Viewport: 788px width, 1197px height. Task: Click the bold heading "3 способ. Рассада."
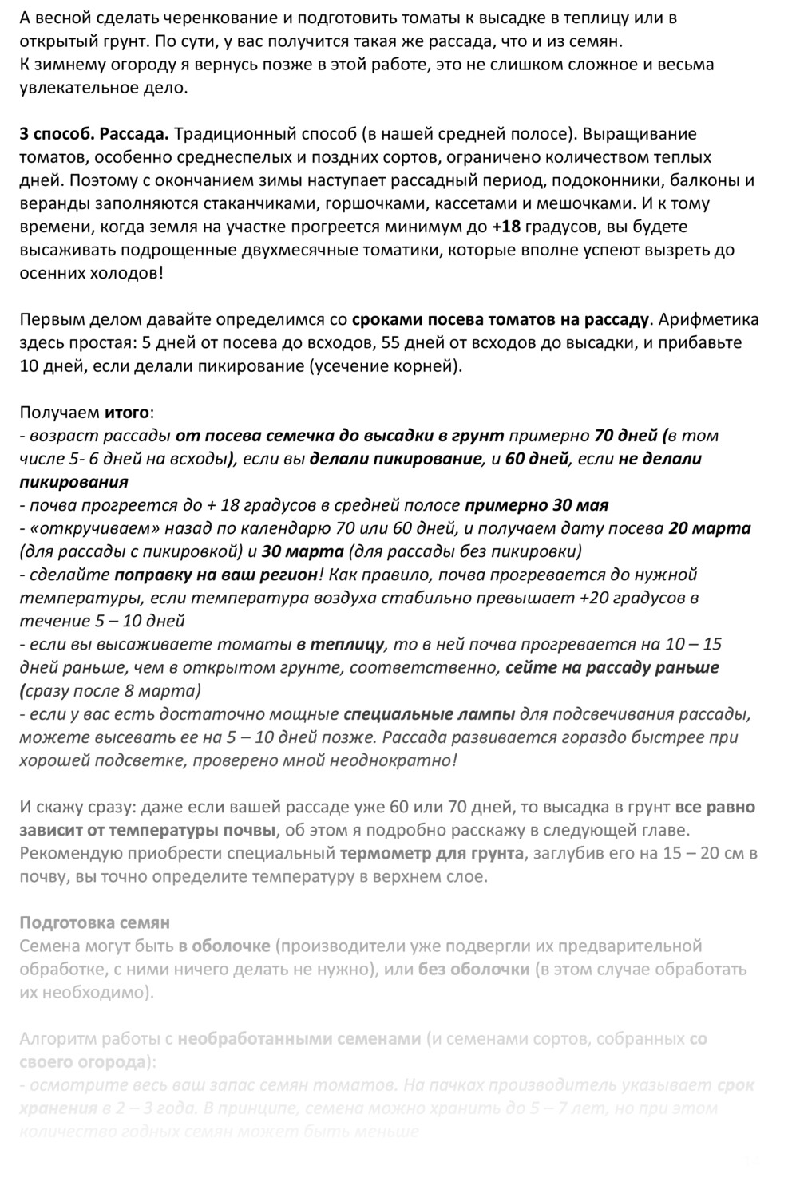[x=94, y=134]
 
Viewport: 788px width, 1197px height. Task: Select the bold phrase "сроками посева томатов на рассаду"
[x=501, y=320]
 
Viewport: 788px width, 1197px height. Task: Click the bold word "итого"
[x=127, y=413]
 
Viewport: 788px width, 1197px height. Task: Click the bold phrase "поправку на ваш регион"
[x=216, y=575]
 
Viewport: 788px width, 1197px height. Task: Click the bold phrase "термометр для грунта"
[x=432, y=853]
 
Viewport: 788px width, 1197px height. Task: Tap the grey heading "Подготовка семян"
[x=94, y=923]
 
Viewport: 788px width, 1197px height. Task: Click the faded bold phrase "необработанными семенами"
[x=299, y=1039]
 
